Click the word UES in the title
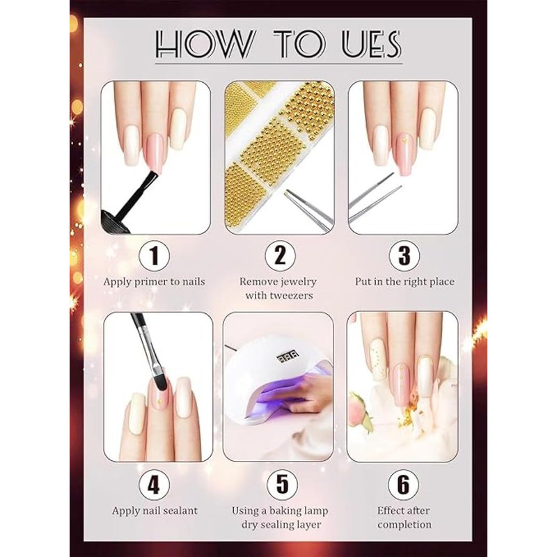tap(372, 44)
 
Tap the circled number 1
tap(154, 256)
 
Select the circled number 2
tap(280, 255)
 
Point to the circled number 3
tap(405, 255)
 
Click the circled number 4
tap(154, 485)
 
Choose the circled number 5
tap(282, 484)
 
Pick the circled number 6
tap(404, 484)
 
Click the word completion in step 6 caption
tap(405, 525)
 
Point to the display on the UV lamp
tap(288, 354)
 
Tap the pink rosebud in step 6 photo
tap(359, 409)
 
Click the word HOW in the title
tap(205, 44)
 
